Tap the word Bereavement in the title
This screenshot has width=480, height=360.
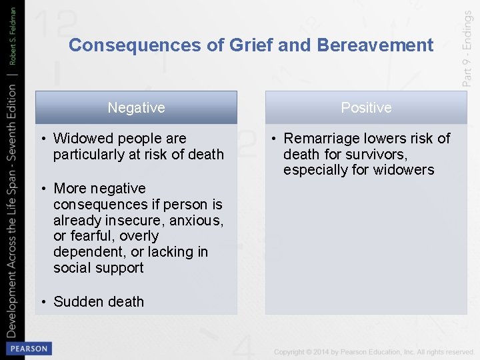tap(375, 45)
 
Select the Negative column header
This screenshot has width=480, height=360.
tap(136, 107)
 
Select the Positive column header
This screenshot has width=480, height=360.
tap(366, 107)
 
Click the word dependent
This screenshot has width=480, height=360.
tap(90, 252)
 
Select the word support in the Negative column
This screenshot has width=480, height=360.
tap(118, 268)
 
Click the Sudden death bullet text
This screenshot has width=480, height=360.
tap(98, 302)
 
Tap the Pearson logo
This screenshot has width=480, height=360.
tap(28, 349)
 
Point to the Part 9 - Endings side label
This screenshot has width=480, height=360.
tap(467, 51)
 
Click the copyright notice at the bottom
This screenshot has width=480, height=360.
tap(373, 351)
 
